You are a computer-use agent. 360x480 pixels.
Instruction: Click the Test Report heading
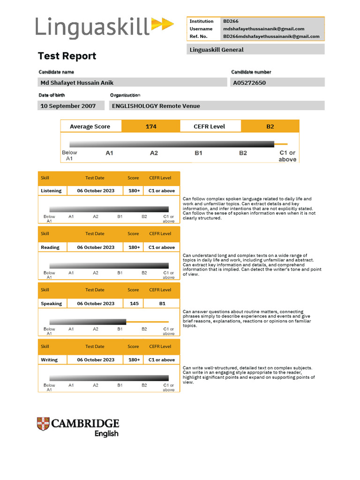(x=67, y=56)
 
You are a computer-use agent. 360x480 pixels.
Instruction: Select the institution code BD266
(x=230, y=21)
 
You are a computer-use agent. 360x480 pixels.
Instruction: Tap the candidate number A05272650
(x=249, y=82)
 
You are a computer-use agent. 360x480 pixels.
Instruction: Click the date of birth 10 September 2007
(x=68, y=106)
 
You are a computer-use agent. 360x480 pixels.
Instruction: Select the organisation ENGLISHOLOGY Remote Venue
(x=156, y=106)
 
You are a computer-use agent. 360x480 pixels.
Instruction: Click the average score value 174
(x=151, y=126)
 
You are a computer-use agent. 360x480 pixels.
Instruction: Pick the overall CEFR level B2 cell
(x=270, y=126)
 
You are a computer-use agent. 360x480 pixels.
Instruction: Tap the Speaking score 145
(x=134, y=303)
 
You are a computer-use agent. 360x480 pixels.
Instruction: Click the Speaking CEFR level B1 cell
(x=162, y=303)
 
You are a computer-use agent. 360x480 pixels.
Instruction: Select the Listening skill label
(x=51, y=191)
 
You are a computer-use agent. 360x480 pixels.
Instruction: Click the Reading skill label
(x=50, y=247)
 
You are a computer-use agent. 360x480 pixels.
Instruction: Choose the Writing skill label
(x=49, y=360)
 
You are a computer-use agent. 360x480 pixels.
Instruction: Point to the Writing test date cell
(x=96, y=360)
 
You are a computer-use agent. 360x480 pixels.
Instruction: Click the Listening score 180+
(x=134, y=191)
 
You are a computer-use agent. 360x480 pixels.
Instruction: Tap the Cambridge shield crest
(x=43, y=424)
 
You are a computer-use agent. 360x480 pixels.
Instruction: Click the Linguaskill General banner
(x=255, y=49)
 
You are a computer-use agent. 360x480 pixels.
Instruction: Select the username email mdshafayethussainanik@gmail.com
(x=263, y=29)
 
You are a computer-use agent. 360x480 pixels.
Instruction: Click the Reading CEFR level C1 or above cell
(x=162, y=247)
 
